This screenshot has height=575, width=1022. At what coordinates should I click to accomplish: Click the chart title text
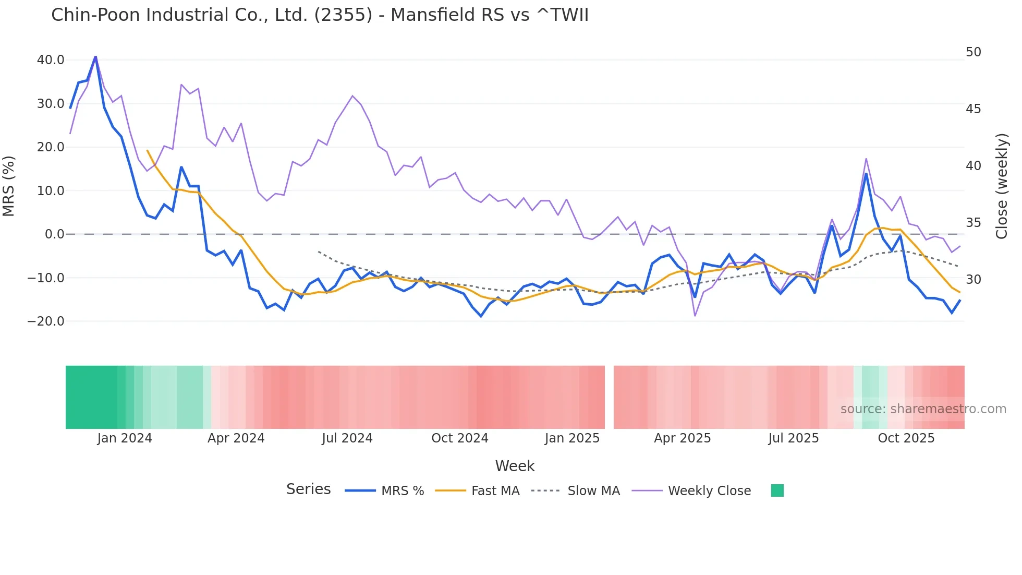point(320,15)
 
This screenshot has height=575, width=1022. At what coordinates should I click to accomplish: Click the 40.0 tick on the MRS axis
point(51,60)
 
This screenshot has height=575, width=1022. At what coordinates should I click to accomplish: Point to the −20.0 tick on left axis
point(46,321)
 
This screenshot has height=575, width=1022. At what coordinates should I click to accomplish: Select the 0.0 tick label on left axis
point(54,234)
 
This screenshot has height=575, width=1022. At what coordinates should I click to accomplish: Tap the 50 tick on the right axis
point(973,52)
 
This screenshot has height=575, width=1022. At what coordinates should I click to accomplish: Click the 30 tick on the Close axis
point(973,280)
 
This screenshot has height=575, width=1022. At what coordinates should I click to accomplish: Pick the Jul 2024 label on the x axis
point(347,438)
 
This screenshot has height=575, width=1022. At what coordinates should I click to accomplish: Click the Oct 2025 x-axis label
point(906,438)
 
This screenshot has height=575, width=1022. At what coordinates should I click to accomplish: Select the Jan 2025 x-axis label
point(572,438)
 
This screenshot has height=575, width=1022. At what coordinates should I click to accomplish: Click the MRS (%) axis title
point(9,186)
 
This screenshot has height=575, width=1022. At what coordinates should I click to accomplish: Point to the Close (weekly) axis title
point(1002,186)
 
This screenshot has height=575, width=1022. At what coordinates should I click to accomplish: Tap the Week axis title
point(515,466)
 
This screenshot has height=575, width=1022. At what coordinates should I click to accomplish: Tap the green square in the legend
point(777,490)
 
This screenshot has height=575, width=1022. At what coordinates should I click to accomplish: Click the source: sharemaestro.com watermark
point(923,409)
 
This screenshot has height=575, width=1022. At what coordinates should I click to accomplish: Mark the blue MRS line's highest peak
point(95,56)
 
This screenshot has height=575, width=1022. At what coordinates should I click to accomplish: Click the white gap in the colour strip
point(609,397)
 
